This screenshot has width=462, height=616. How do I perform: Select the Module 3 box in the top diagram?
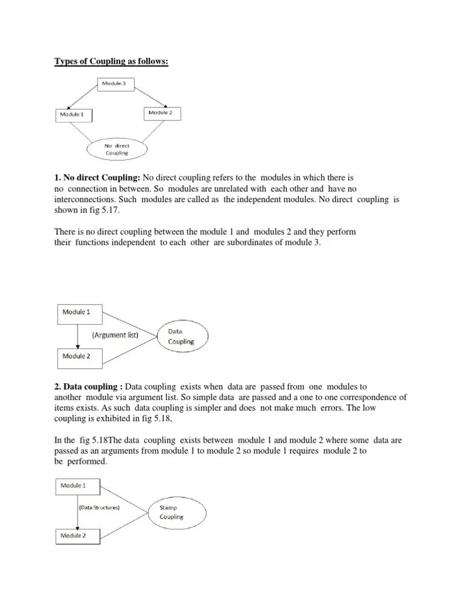(116, 85)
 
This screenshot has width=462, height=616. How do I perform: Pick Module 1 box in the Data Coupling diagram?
(79, 313)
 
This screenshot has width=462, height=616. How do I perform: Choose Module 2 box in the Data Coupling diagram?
(79, 357)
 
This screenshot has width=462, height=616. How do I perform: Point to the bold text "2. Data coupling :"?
(88, 387)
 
